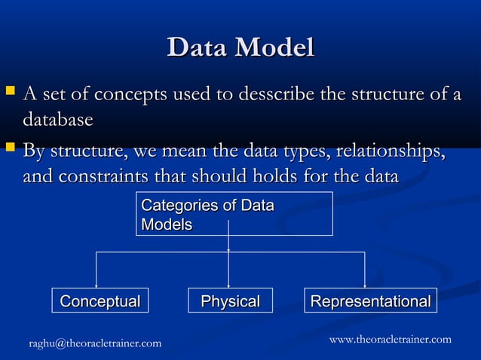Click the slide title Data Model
(x=240, y=47)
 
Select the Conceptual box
(x=100, y=301)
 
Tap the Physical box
(x=230, y=301)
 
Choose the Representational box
(x=371, y=301)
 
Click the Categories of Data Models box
(x=234, y=214)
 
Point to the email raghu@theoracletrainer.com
(x=95, y=343)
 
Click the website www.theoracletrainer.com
(x=391, y=340)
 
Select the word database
(x=58, y=120)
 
